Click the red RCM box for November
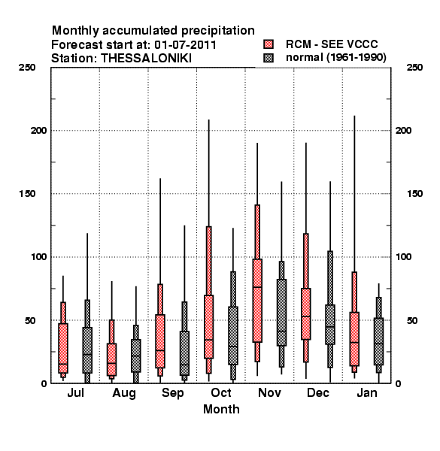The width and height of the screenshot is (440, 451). (257, 300)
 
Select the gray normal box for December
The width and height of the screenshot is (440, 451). (330, 324)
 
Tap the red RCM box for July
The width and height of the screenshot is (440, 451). (63, 348)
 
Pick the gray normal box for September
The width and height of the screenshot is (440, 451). (184, 353)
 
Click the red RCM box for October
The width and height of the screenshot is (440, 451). (209, 326)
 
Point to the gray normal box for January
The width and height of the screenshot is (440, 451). (379, 341)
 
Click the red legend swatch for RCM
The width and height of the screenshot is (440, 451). (269, 44)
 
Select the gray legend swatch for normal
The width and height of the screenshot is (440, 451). (269, 58)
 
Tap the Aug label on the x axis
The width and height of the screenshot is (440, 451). (124, 393)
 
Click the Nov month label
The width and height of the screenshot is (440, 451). (269, 392)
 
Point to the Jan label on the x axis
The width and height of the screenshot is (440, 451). (367, 392)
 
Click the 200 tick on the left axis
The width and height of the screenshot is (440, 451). (38, 130)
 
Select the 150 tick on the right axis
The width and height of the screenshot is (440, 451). (414, 194)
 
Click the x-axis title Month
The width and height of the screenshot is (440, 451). (221, 409)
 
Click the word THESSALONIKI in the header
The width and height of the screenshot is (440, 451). (146, 59)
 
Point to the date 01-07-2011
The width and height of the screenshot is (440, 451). (186, 44)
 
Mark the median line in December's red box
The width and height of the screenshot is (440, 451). (306, 316)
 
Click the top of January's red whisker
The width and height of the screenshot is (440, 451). (354, 116)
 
